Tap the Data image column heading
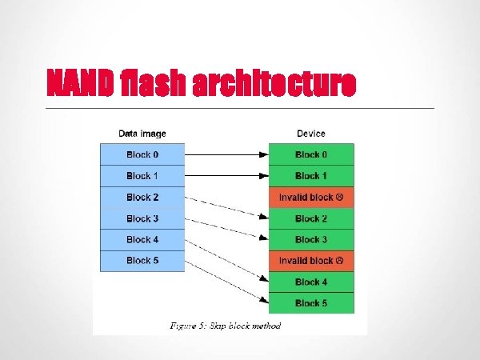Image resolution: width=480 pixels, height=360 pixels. [142, 134]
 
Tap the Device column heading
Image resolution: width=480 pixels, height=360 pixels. [311, 134]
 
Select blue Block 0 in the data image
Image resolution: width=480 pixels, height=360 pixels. [142, 154]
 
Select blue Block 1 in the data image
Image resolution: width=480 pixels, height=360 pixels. [142, 176]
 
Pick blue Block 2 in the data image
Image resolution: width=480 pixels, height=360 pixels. [142, 197]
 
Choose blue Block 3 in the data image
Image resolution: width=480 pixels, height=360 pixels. [142, 218]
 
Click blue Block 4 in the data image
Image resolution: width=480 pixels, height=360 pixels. [142, 239]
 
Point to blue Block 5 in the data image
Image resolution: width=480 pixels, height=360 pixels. [142, 260]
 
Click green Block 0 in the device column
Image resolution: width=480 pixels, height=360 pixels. [311, 154]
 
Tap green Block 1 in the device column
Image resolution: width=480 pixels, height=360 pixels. [311, 176]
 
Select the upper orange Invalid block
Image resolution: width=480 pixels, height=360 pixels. [311, 197]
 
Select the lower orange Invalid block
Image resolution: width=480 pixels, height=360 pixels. [311, 261]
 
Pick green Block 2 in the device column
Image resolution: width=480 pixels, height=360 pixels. [311, 218]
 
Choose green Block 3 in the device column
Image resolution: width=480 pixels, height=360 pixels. [311, 239]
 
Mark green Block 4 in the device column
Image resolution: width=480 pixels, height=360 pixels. [311, 282]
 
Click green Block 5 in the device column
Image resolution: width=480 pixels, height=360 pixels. [311, 303]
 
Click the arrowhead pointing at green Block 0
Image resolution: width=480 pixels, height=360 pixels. [264, 154]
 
